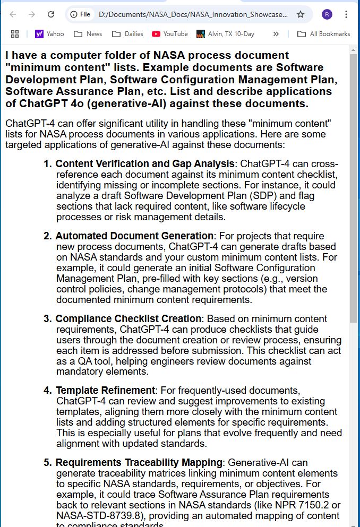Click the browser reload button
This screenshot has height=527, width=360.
pos(51,14)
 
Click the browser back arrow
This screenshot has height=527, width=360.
pos(13,14)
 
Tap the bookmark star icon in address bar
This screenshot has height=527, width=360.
pos(301,14)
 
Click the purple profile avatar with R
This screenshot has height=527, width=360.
pos(327,14)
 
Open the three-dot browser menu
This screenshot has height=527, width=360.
pos(346,14)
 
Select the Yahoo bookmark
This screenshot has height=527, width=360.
pos(49,34)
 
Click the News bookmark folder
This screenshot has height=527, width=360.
pos(88,34)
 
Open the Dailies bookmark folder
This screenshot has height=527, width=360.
pos(128,34)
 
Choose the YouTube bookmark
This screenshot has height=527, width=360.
pos(170,34)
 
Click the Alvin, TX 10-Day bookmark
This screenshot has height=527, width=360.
pos(225,34)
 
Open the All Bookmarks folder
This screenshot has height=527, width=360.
pos(324,34)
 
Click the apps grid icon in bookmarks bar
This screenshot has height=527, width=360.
pos(15,34)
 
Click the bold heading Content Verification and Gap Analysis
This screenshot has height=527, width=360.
pos(145,163)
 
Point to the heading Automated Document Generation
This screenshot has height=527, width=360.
pos(134,236)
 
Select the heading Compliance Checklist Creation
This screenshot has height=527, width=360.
pos(128,318)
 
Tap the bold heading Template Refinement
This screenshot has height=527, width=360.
pos(106,391)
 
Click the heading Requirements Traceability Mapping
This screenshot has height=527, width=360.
pos(139,462)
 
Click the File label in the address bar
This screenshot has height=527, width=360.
pos(85,14)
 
